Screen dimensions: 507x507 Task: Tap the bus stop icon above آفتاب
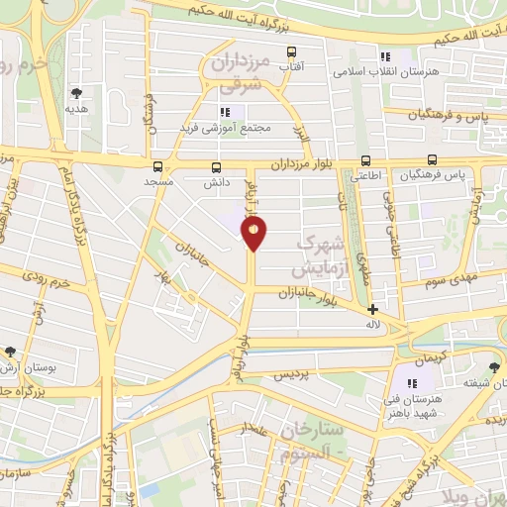[x=291, y=51]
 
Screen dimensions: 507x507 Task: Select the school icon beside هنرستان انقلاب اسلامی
[x=384, y=57]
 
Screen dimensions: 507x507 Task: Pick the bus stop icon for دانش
[x=217, y=166]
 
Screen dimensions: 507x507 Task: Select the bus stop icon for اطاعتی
[x=365, y=159]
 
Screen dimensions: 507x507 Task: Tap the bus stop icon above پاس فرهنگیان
[x=432, y=159]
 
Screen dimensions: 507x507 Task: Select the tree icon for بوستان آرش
[x=11, y=352]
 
